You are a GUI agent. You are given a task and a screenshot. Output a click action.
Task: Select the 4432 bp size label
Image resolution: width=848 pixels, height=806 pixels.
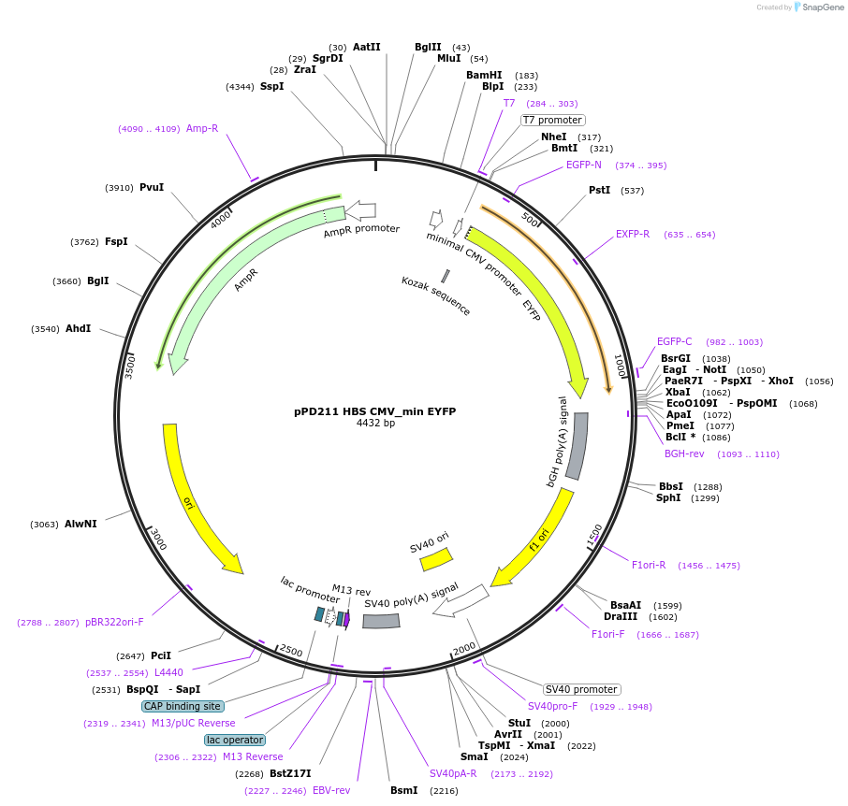pyautogui.click(x=375, y=423)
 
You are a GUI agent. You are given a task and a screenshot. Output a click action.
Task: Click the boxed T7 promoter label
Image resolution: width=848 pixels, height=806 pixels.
pyautogui.click(x=552, y=120)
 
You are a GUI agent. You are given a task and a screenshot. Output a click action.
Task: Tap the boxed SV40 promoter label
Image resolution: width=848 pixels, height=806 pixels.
pyautogui.click(x=581, y=689)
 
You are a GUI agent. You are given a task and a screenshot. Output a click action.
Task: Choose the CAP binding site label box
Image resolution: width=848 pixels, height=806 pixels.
pyautogui.click(x=183, y=706)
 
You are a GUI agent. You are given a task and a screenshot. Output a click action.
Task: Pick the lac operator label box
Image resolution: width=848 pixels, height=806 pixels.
pyautogui.click(x=235, y=740)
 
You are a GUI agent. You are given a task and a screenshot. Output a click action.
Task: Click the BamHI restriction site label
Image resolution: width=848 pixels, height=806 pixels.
pyautogui.click(x=484, y=75)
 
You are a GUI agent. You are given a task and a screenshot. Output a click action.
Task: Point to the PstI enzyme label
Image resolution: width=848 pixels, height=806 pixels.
pyautogui.click(x=599, y=190)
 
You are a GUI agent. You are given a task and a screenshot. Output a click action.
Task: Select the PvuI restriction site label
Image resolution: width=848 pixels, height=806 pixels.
pyautogui.click(x=152, y=187)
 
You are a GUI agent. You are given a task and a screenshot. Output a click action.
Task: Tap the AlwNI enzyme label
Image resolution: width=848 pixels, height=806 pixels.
pyautogui.click(x=80, y=525)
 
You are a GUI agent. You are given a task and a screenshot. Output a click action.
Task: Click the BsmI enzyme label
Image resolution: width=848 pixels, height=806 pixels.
pyautogui.click(x=403, y=790)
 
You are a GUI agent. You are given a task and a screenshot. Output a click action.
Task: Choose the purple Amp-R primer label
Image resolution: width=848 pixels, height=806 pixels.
pyautogui.click(x=202, y=128)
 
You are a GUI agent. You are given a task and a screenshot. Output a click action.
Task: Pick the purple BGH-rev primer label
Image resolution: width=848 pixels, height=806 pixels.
pyautogui.click(x=684, y=453)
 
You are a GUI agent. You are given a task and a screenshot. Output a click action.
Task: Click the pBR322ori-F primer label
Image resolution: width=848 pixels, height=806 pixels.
pyautogui.click(x=114, y=622)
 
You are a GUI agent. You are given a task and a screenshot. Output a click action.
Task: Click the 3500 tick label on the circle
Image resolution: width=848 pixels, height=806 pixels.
pyautogui.click(x=131, y=365)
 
